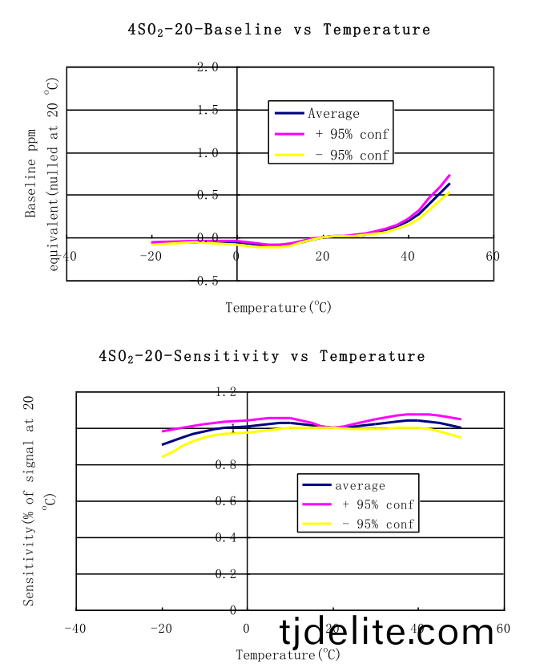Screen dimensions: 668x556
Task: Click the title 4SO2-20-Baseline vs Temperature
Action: pyautogui.click(x=279, y=30)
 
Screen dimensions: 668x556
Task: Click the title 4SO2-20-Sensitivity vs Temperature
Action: pyautogui.click(x=262, y=355)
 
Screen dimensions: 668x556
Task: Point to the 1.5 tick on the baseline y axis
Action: pyautogui.click(x=207, y=110)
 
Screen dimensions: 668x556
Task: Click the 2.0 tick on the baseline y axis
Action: pyautogui.click(x=207, y=67)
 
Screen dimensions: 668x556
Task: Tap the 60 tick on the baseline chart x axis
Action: pyautogui.click(x=492, y=256)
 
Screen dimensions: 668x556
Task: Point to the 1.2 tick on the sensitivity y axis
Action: pyautogui.click(x=225, y=392)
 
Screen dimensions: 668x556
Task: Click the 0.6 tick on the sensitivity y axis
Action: pyautogui.click(x=225, y=501)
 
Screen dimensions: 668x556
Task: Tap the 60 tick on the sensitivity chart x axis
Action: pyautogui.click(x=503, y=628)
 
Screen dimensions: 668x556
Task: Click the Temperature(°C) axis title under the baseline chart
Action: pyautogui.click(x=278, y=307)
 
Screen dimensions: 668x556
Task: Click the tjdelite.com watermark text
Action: pyautogui.click(x=387, y=634)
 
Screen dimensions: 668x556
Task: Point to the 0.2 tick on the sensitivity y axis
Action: pyautogui.click(x=225, y=574)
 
